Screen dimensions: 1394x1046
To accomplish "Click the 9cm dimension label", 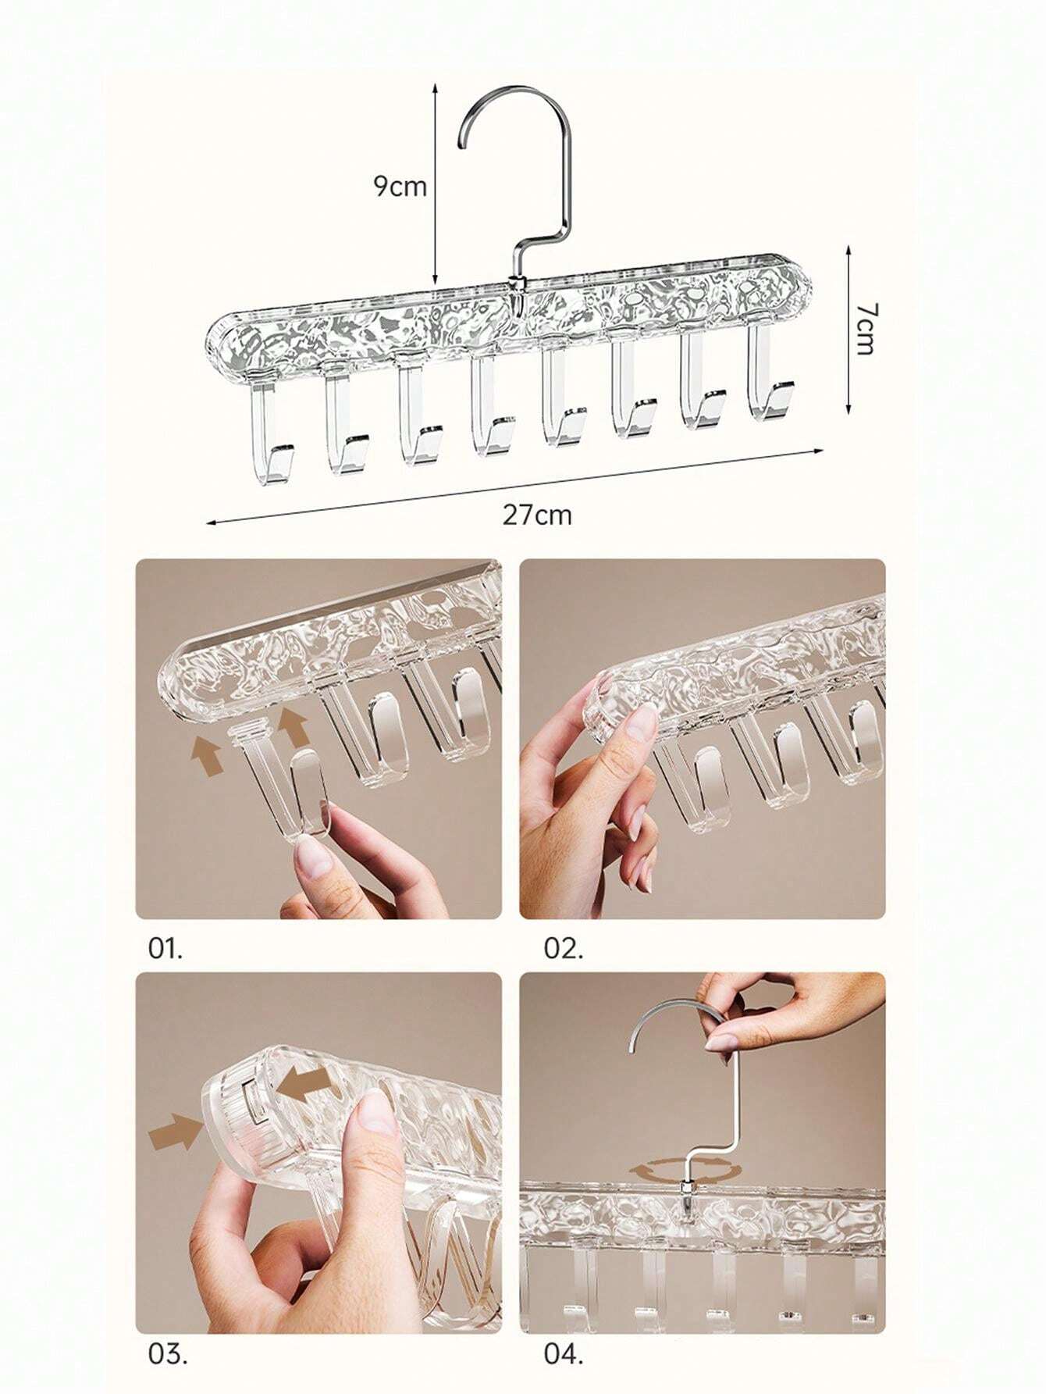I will pyautogui.click(x=400, y=187).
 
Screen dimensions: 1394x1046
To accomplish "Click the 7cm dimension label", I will pyautogui.click(x=863, y=329).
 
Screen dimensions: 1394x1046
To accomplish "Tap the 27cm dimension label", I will pyautogui.click(x=536, y=515).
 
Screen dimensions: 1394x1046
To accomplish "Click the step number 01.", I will pyautogui.click(x=165, y=949).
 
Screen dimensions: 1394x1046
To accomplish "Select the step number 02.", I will pyautogui.click(x=563, y=949).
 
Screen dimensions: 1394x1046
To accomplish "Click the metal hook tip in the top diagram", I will pyautogui.click(x=462, y=142).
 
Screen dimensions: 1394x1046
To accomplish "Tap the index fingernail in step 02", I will pyautogui.click(x=643, y=723).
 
